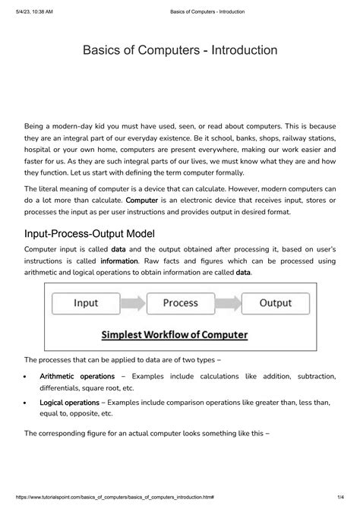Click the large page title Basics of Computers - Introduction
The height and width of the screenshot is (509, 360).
tap(180, 51)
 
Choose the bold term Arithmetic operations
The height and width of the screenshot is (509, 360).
tap(77, 376)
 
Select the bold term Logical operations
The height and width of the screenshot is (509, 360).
tap(69, 403)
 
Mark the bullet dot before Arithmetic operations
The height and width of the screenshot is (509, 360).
tap(27, 377)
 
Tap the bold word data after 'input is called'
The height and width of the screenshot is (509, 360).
tap(118, 249)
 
